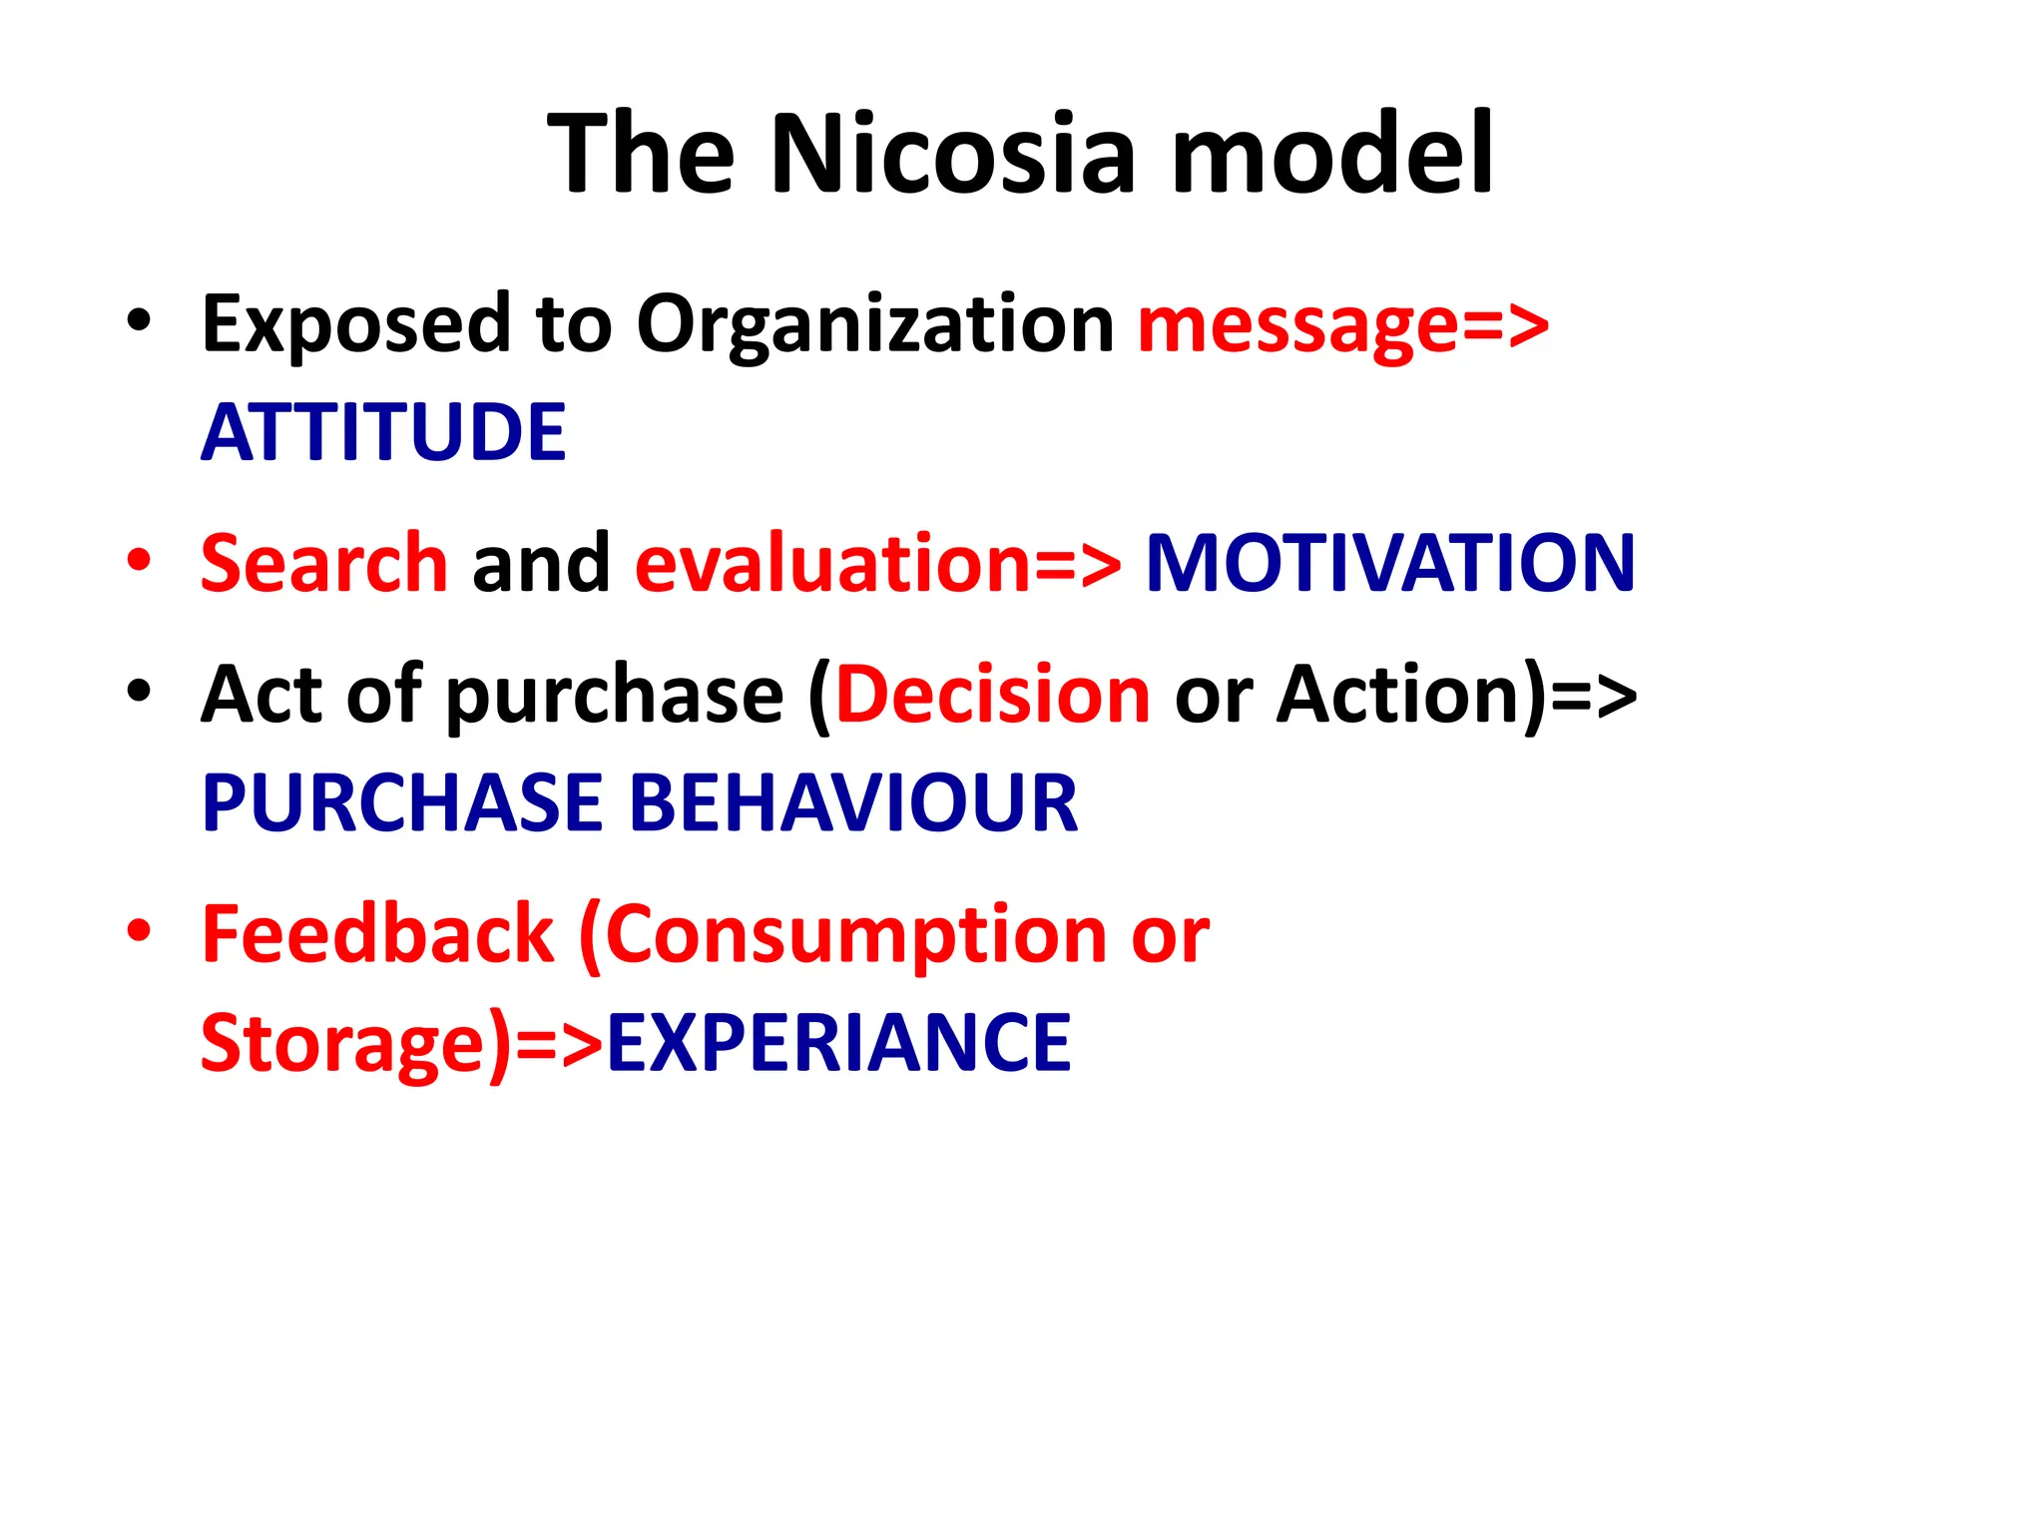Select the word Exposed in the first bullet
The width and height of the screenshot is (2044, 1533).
[356, 325]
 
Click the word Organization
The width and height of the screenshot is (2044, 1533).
[875, 325]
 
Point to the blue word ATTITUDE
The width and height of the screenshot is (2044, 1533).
[383, 433]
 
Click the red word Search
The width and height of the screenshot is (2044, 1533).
[324, 563]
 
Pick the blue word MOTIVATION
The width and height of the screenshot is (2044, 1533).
[1390, 563]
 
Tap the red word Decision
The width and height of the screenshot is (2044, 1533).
[993, 695]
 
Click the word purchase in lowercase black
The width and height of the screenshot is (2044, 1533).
[614, 697]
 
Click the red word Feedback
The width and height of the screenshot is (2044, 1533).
[377, 934]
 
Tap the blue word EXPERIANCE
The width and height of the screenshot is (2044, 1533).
[838, 1043]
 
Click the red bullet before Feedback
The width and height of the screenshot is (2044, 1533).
[139, 930]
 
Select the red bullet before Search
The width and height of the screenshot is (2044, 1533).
[139, 560]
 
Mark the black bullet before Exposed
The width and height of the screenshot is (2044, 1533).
[139, 320]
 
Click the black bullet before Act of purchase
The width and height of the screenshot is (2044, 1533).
[139, 691]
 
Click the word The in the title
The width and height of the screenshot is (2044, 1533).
[642, 155]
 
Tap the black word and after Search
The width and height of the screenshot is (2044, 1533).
[541, 563]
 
